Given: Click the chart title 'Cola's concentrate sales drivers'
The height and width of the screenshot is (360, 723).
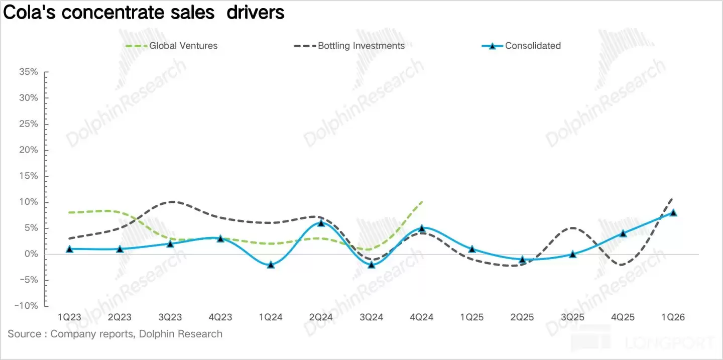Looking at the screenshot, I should pyautogui.click(x=144, y=12).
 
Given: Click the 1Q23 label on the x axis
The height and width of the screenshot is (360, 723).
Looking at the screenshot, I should pyautogui.click(x=69, y=317).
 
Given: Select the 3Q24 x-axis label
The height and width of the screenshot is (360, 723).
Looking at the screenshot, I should pyautogui.click(x=371, y=317).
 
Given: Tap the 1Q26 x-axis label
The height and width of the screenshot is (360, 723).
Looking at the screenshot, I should pyautogui.click(x=673, y=317).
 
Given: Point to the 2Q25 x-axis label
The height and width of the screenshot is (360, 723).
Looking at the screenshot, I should pyautogui.click(x=522, y=317).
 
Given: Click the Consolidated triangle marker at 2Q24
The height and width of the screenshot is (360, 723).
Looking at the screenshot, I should pyautogui.click(x=321, y=223).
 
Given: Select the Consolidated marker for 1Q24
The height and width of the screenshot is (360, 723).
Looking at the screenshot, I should pyautogui.click(x=271, y=265).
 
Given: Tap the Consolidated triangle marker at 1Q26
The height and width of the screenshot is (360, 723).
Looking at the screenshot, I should pyautogui.click(x=673, y=212).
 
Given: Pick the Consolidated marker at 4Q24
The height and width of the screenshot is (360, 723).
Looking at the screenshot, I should pyautogui.click(x=422, y=228).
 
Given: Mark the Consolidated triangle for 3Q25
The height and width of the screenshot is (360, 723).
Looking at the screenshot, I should pyautogui.click(x=572, y=254).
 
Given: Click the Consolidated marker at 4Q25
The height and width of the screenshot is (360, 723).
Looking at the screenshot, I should pyautogui.click(x=623, y=233).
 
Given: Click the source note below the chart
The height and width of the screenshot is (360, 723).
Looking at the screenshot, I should pyautogui.click(x=115, y=334).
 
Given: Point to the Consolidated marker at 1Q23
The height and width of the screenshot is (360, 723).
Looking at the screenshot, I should pyautogui.click(x=69, y=249).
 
